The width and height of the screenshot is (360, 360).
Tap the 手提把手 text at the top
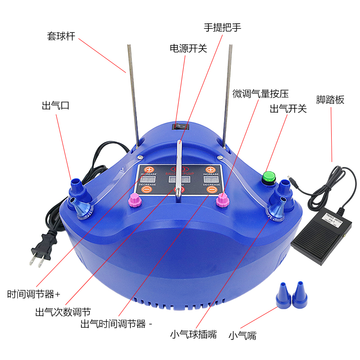pyautogui.click(x=223, y=27)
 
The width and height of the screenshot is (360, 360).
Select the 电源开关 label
pyautogui.click(x=188, y=48)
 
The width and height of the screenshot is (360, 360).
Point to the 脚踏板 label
pyautogui.click(x=330, y=99)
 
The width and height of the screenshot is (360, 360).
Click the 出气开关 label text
pyautogui.click(x=288, y=108)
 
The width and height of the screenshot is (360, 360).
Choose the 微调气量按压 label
pyautogui.click(x=260, y=94)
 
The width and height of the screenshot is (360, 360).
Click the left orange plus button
pyautogui.click(x=148, y=170)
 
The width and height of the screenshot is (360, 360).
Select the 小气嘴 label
pyautogui.click(x=242, y=335)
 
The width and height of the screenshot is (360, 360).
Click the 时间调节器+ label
pyautogui.click(x=34, y=295)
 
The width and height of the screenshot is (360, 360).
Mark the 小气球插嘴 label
pyautogui.click(x=193, y=334)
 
